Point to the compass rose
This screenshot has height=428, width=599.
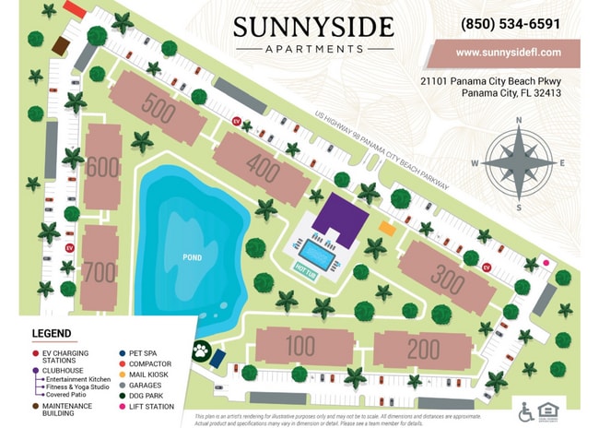pyautogui.click(x=519, y=163)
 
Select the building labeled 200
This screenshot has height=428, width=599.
pyautogui.click(x=422, y=349)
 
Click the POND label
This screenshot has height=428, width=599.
pyautogui.click(x=192, y=257)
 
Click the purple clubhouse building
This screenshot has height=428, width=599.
pyautogui.click(x=340, y=219)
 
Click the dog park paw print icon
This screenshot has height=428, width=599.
pyautogui.click(x=200, y=351)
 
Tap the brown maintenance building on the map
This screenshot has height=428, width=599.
pyautogui.click(x=61, y=45)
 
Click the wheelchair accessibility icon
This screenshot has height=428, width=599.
pyautogui.click(x=526, y=410)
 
